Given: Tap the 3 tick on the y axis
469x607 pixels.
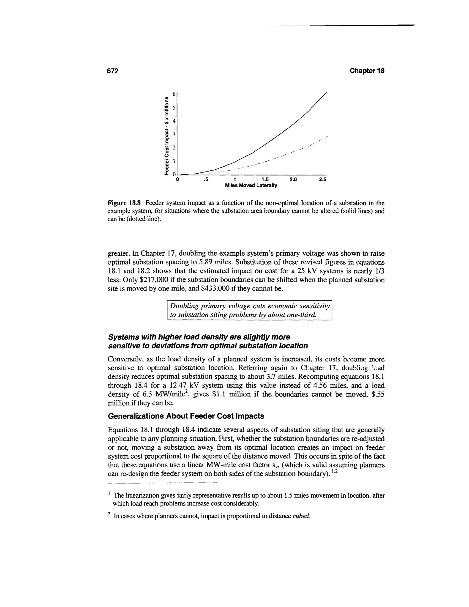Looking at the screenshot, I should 174,134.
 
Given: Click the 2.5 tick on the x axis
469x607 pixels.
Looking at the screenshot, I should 323,180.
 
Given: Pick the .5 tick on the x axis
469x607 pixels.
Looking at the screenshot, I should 206,180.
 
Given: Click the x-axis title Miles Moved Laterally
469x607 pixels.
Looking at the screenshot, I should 251,185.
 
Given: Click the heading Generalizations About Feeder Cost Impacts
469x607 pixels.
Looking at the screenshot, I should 185,416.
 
